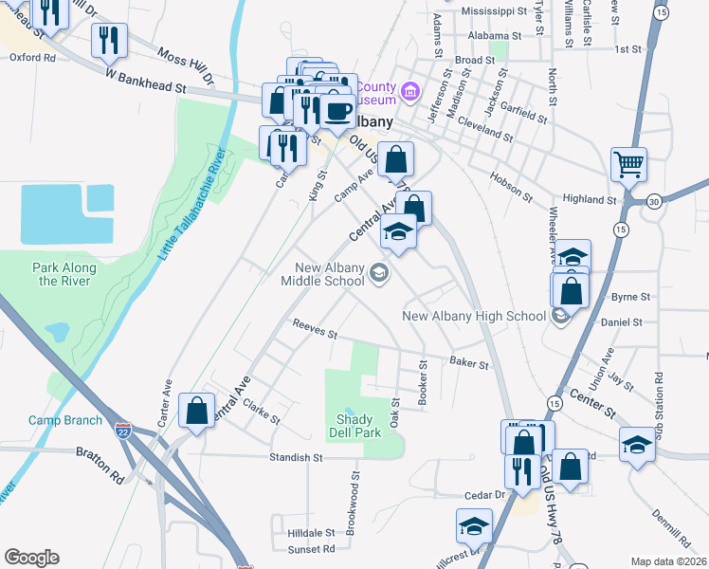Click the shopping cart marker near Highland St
tap(628, 164)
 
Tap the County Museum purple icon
tap(410, 91)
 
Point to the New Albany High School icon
tap(560, 316)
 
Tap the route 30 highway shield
tap(654, 201)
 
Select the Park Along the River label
tap(62, 274)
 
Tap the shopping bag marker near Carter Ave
tap(196, 412)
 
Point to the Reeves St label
tap(315, 328)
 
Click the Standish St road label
tap(297, 457)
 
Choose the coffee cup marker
tap(336, 111)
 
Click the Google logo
tap(31, 558)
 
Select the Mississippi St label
tap(493, 11)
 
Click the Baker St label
tap(469, 362)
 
